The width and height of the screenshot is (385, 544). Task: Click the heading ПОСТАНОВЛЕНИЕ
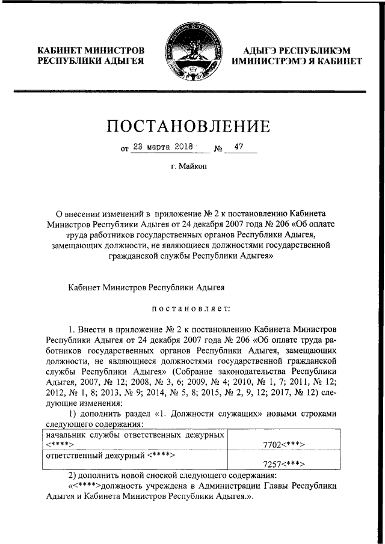188,126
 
